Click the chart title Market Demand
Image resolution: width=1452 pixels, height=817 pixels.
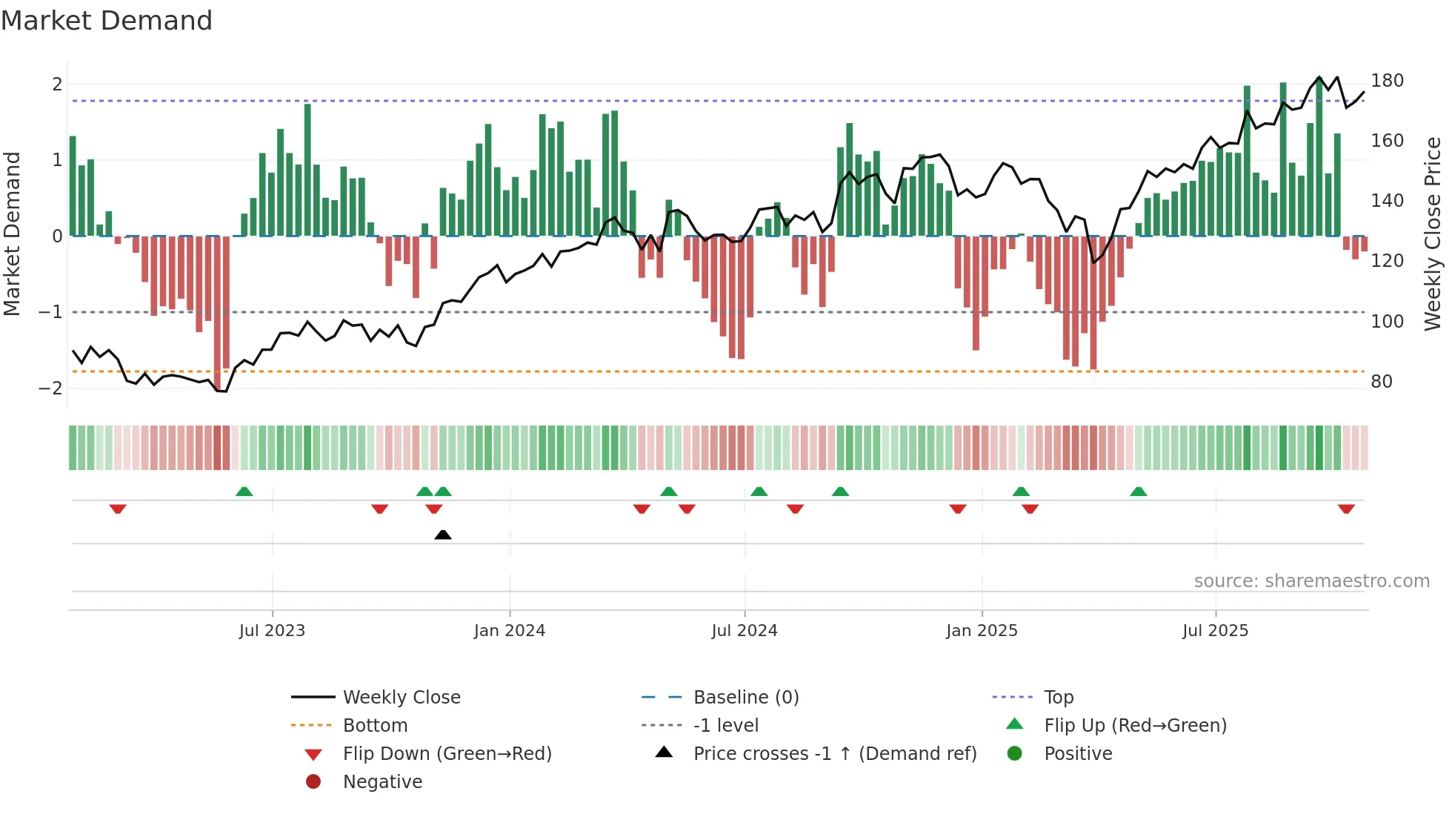tap(107, 21)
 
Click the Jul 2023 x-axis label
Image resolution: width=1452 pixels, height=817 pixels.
tap(272, 631)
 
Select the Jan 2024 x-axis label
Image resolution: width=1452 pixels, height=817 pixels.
tap(510, 631)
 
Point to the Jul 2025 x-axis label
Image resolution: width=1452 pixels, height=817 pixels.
tap(1215, 631)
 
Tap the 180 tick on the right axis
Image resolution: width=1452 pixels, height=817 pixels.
tap(1387, 81)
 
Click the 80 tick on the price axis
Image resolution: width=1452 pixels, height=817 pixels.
tap(1382, 382)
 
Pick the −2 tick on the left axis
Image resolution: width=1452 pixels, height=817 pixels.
tap(50, 388)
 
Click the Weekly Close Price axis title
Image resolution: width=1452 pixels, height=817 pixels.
tap(1433, 234)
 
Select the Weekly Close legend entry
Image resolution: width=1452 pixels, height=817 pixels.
tap(401, 698)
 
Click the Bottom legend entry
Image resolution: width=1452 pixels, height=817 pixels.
tap(375, 726)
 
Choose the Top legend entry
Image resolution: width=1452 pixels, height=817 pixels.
tap(1059, 698)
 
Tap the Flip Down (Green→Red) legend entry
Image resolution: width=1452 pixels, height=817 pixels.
tap(447, 754)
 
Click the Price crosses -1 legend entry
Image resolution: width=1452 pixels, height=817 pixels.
tap(834, 754)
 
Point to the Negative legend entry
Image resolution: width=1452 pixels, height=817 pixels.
tap(382, 782)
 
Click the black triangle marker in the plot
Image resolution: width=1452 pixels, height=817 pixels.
tap(443, 535)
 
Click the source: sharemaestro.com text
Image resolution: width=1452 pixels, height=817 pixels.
tap(1311, 581)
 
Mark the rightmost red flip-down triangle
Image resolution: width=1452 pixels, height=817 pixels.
tap(1346, 509)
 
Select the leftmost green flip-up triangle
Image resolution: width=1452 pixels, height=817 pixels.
tap(244, 491)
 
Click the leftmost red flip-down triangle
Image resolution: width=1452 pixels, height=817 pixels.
tap(118, 509)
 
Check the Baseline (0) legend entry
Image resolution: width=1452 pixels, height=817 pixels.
tap(745, 698)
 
